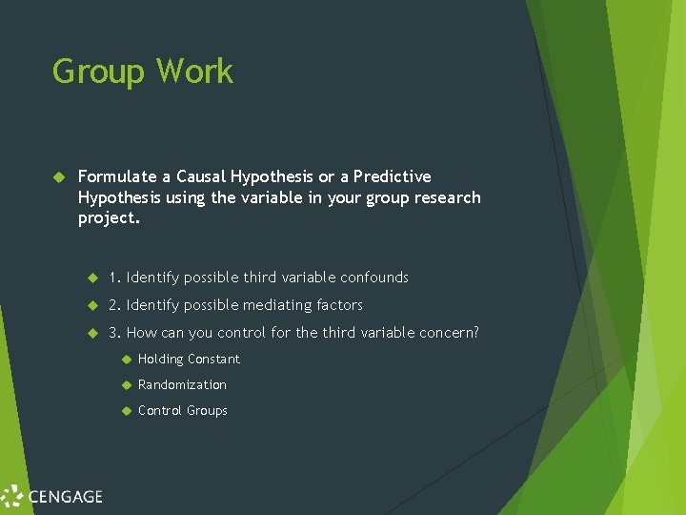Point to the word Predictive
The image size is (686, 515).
392,176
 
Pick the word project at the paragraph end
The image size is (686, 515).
107,218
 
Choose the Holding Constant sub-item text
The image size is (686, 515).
189,360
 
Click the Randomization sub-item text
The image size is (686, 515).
182,385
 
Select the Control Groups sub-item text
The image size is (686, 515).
182,411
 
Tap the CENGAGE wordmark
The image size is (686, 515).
65,496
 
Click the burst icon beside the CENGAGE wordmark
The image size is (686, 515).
12,496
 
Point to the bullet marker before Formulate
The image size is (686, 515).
57,177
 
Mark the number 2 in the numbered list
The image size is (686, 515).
112,305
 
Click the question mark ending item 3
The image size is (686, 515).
475,333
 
